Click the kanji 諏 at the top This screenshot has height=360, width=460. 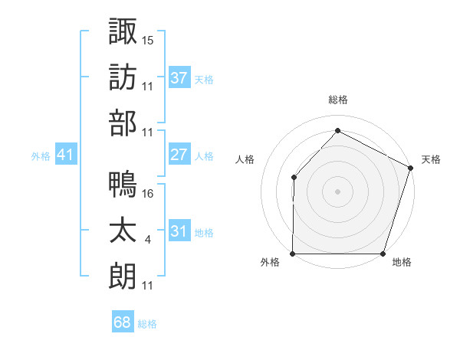(x=123, y=31)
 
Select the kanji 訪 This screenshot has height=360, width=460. (x=123, y=77)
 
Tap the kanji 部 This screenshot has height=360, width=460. (x=123, y=123)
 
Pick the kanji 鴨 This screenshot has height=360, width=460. (x=123, y=185)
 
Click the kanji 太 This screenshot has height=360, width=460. (x=123, y=231)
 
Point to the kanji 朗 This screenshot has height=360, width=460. (x=123, y=277)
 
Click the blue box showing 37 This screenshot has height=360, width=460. (x=179, y=77)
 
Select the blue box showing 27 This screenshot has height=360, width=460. (x=179, y=155)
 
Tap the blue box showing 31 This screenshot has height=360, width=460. (x=179, y=231)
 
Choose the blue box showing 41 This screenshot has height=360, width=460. (x=66, y=155)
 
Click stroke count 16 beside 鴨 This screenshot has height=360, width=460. (x=148, y=193)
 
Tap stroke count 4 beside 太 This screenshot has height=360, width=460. (x=147, y=240)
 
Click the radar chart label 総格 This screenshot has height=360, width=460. (x=338, y=100)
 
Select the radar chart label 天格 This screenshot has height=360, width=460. (x=431, y=159)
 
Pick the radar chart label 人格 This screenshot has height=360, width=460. (x=245, y=159)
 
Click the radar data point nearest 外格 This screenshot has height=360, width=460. (x=293, y=254)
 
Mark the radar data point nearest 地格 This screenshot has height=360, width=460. (x=383, y=254)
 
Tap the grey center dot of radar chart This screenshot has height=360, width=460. (x=338, y=191)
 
